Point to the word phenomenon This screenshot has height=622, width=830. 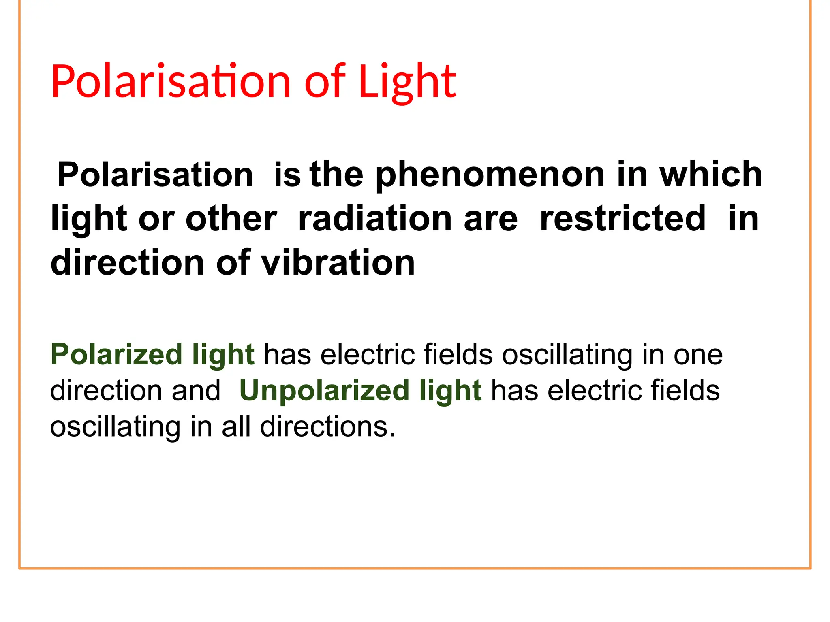click(x=490, y=175)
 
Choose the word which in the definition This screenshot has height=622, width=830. click(x=711, y=175)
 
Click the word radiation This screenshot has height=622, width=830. click(x=374, y=219)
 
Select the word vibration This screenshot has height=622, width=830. click(x=338, y=263)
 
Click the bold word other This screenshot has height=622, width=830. click(x=231, y=219)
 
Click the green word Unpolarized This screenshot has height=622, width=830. click(x=324, y=391)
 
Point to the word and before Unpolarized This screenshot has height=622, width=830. click(x=196, y=391)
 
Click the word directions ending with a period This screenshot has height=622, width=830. click(x=327, y=427)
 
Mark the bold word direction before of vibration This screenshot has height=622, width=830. click(x=127, y=263)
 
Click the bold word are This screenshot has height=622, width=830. click(x=491, y=219)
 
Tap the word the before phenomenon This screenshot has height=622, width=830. click(x=336, y=175)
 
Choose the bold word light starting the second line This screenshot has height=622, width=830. click(x=89, y=219)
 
